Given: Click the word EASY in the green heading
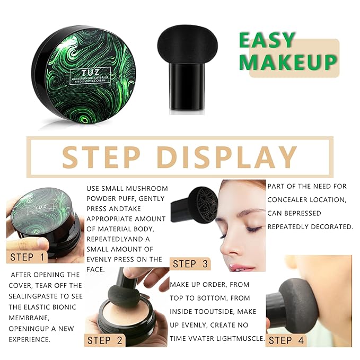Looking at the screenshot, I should point(266,40).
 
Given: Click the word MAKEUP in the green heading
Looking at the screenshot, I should point(287,62).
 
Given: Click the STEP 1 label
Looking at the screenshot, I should point(29,258).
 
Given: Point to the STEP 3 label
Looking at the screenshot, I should point(191,264).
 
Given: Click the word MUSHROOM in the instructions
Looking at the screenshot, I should point(149,188).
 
